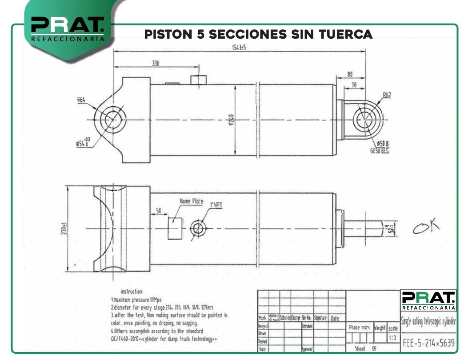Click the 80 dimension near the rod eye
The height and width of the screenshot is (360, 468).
tap(350, 74)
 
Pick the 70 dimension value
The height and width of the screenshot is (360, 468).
tap(354, 84)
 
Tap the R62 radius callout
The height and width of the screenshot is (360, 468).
tap(387, 95)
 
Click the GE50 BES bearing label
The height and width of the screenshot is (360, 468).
tap(379, 151)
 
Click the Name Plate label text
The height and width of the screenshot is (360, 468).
tap(191, 201)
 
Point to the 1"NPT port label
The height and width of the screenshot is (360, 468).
tap(216, 204)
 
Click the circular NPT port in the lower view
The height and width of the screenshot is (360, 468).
tap(197, 228)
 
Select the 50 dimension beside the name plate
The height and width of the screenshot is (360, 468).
tap(159, 210)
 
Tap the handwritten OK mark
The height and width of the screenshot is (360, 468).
tap(426, 227)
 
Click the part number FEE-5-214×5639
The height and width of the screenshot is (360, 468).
tap(428, 343)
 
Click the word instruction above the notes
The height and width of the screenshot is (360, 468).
tap(131, 291)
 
